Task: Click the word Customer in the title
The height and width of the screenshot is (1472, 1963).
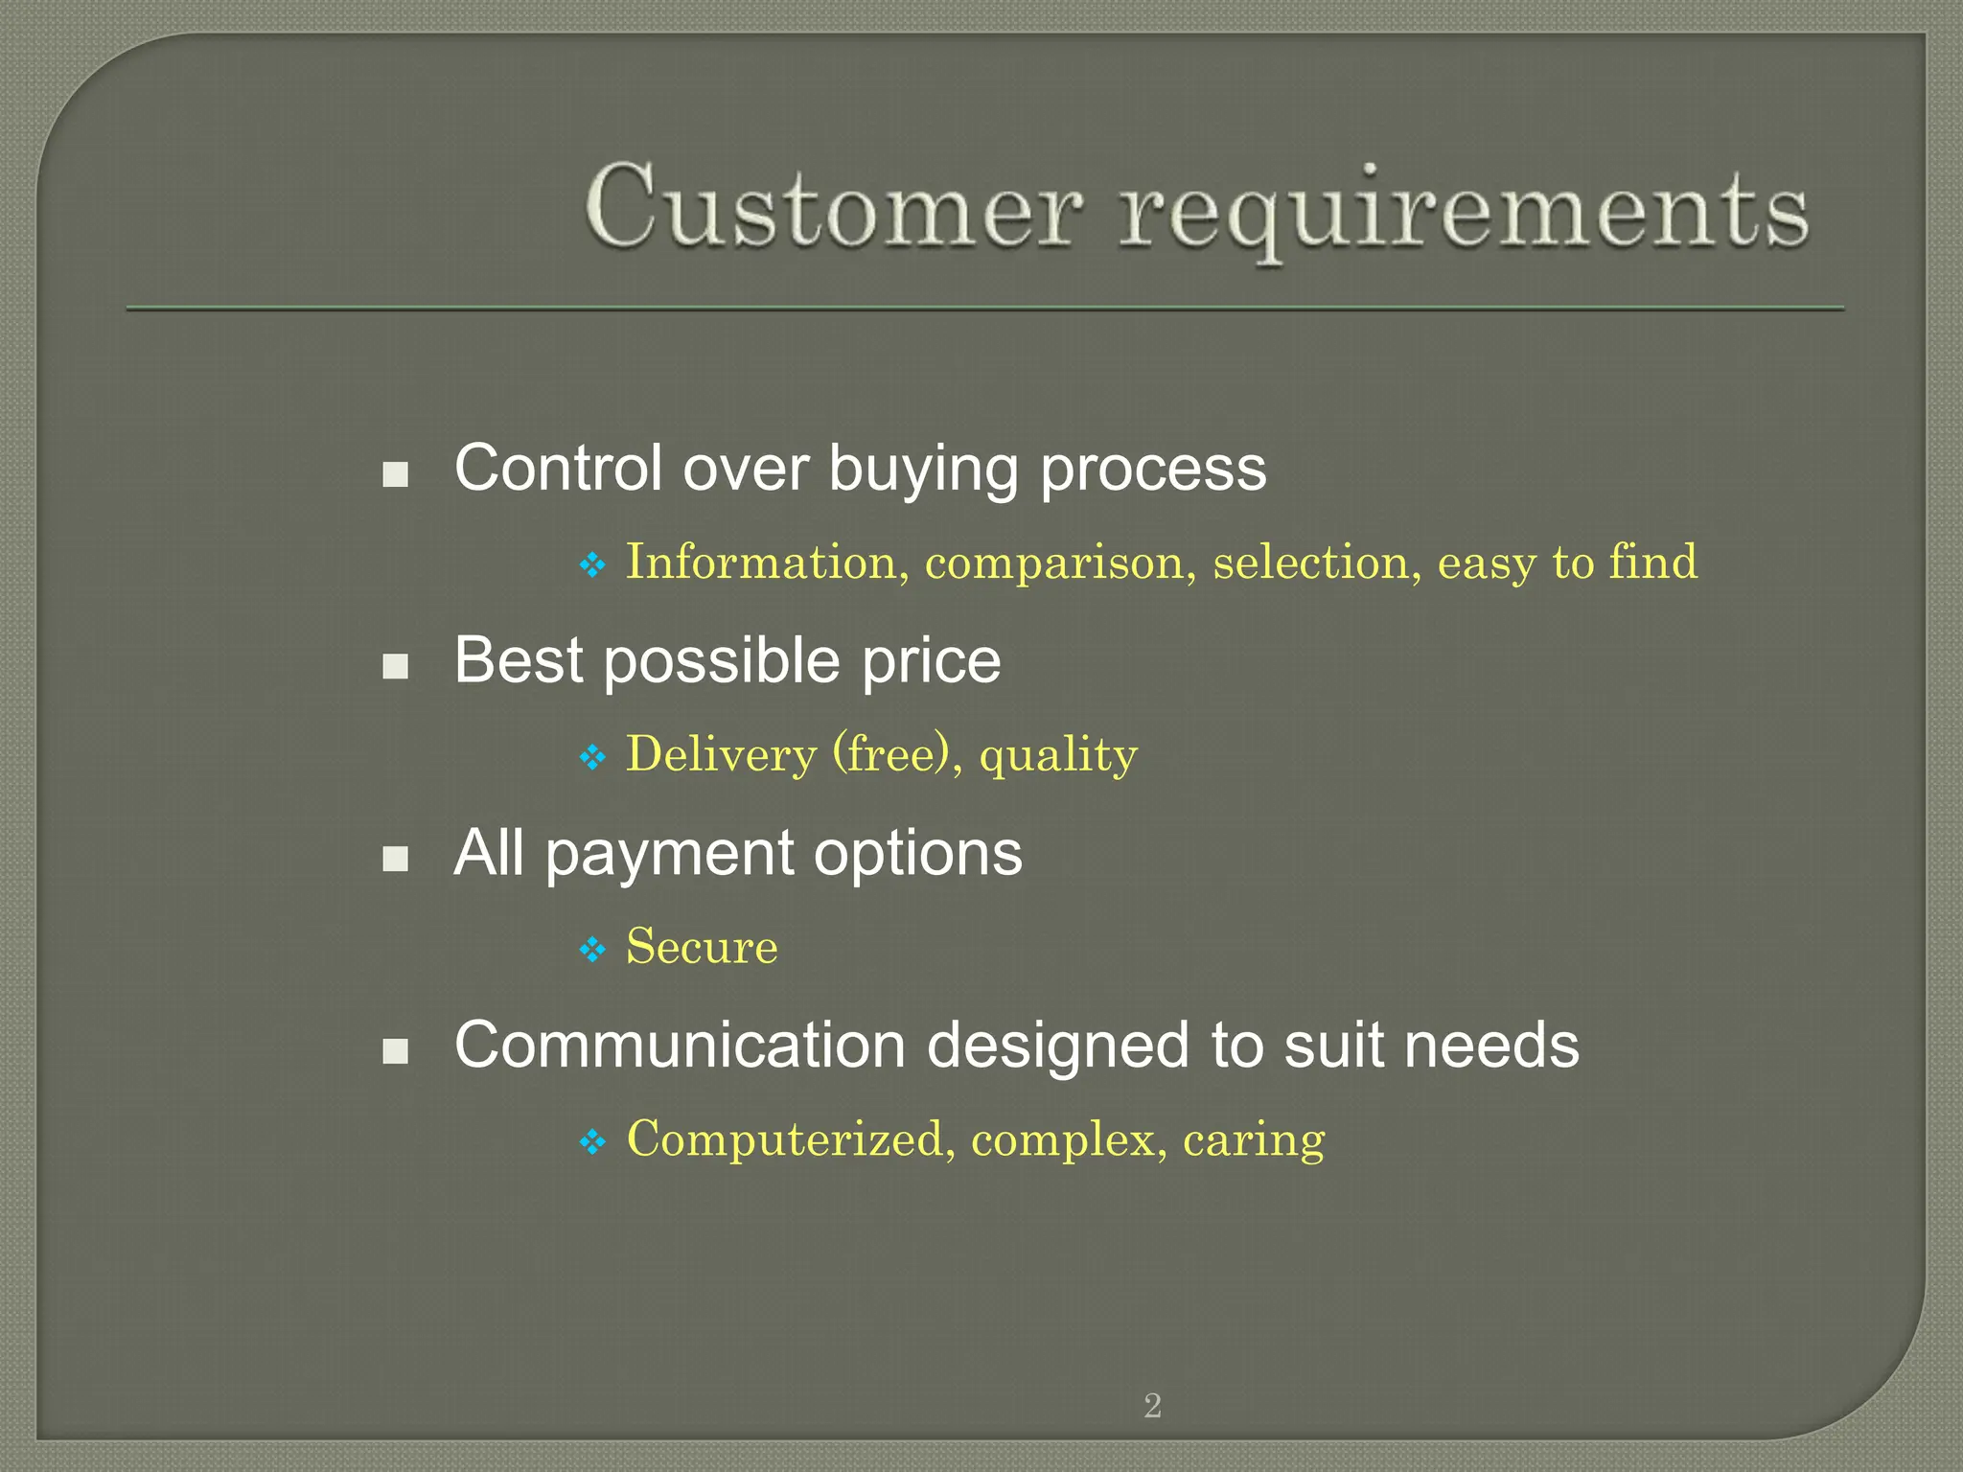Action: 834,207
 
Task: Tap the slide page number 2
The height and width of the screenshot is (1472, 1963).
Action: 1152,1406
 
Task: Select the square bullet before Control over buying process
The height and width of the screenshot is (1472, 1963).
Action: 395,474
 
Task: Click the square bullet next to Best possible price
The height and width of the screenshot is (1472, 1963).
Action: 395,666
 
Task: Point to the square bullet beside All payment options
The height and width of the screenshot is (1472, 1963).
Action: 395,859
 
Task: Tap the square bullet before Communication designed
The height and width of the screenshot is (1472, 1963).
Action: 395,1051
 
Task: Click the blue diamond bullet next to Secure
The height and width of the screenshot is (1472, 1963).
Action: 593,950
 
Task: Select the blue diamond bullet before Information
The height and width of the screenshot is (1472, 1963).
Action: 593,564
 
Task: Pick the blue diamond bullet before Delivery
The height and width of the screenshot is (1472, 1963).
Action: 593,758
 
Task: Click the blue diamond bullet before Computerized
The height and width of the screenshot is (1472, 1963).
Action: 593,1141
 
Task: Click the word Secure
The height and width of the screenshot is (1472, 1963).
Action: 702,947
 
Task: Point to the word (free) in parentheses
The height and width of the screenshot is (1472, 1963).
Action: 897,754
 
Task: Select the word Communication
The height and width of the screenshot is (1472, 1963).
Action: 680,1045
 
